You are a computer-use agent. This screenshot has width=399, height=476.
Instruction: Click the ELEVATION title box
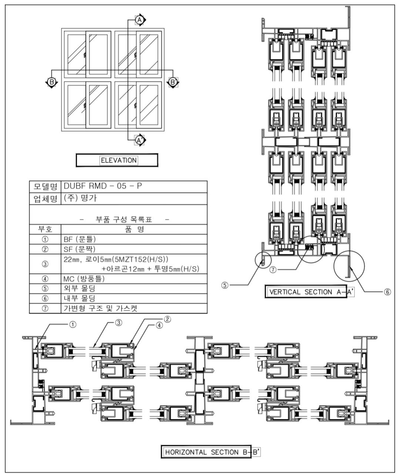[117, 160]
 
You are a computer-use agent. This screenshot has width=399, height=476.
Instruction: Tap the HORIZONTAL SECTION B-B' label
[211, 452]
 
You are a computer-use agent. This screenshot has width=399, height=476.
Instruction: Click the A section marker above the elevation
[140, 20]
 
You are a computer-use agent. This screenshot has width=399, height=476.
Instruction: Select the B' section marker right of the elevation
[172, 81]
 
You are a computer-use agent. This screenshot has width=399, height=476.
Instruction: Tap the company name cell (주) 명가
[133, 198]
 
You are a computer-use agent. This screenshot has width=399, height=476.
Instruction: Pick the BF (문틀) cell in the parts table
[133, 239]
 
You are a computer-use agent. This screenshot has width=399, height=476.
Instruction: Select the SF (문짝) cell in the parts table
[133, 249]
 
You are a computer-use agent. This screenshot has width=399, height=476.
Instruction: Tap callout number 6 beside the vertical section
[388, 292]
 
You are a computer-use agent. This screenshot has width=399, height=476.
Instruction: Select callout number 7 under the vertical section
[273, 270]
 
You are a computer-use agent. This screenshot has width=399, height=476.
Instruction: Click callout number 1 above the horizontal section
[73, 324]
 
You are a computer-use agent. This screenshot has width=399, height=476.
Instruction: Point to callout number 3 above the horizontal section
[118, 322]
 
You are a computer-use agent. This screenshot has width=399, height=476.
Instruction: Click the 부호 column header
[45, 229]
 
